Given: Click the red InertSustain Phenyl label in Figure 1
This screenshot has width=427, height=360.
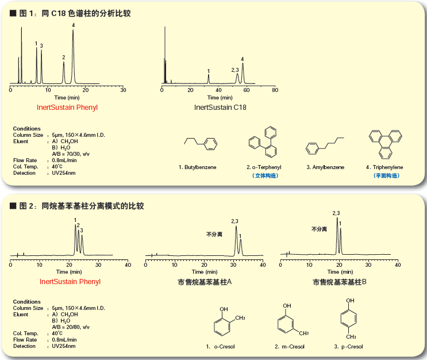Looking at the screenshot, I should click(67, 106).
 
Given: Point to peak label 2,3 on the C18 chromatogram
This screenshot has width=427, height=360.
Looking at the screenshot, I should click(234, 70).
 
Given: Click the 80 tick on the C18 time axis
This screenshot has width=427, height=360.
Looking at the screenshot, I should click(275, 90).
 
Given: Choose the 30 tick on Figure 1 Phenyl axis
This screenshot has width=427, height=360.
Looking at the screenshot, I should click(123, 90).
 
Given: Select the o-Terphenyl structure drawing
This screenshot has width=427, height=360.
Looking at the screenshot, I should click(262, 146).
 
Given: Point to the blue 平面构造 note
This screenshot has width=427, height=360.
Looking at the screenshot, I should click(384, 175).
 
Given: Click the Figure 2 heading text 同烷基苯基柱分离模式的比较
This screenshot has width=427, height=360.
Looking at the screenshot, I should click(93, 205).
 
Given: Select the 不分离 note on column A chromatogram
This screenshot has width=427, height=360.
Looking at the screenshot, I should click(214, 234).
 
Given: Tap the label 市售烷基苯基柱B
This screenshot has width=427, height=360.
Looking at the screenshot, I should click(340, 282).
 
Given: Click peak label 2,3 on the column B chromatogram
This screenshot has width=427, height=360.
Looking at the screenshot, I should click(336, 213).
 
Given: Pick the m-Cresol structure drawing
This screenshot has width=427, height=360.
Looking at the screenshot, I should click(290, 323).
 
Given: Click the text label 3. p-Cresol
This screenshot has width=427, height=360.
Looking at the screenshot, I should click(348, 347).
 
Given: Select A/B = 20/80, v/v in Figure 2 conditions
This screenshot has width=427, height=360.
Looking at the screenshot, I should click(71, 327).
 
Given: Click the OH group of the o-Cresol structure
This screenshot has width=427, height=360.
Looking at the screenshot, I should click(223, 307).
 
